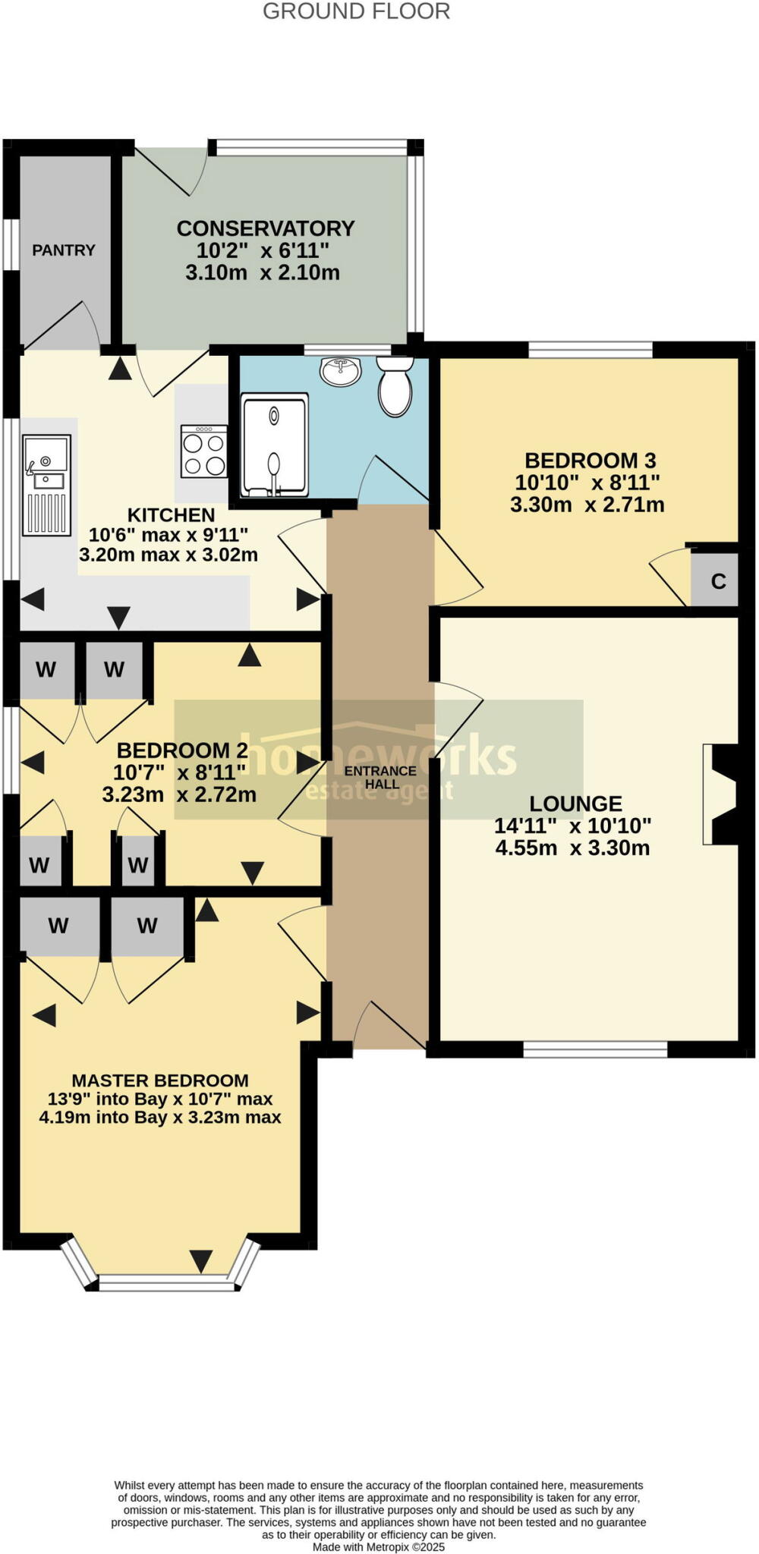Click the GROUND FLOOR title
pyautogui.click(x=356, y=11)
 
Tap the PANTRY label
pyautogui.click(x=64, y=250)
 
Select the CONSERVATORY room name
pyautogui.click(x=266, y=228)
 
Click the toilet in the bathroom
pyautogui.click(x=395, y=387)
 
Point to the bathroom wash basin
pyautogui.click(x=341, y=371)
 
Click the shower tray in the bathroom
pyautogui.click(x=275, y=445)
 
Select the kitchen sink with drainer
pyautogui.click(x=46, y=484)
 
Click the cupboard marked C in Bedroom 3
pyautogui.click(x=717, y=582)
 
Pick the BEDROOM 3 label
pyautogui.click(x=590, y=461)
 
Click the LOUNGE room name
pyautogui.click(x=575, y=804)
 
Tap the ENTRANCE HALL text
pyautogui.click(x=380, y=777)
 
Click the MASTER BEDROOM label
pyautogui.click(x=160, y=1081)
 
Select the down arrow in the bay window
pyautogui.click(x=201, y=1260)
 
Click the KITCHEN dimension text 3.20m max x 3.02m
pyautogui.click(x=168, y=555)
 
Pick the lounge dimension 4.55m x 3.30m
pyautogui.click(x=572, y=848)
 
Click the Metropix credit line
pyautogui.click(x=378, y=1546)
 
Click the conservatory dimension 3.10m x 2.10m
pyautogui.click(x=263, y=272)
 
